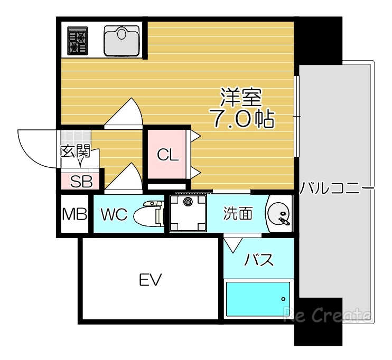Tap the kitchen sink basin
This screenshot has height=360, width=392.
122,40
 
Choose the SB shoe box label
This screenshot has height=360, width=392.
81,181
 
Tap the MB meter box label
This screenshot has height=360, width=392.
74,214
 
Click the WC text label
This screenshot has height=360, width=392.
114,215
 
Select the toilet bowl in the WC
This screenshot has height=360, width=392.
148,215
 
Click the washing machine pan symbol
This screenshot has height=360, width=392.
188,213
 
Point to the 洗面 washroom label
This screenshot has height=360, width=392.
237,214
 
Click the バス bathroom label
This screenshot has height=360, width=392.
259,260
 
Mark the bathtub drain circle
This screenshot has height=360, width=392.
283,299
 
